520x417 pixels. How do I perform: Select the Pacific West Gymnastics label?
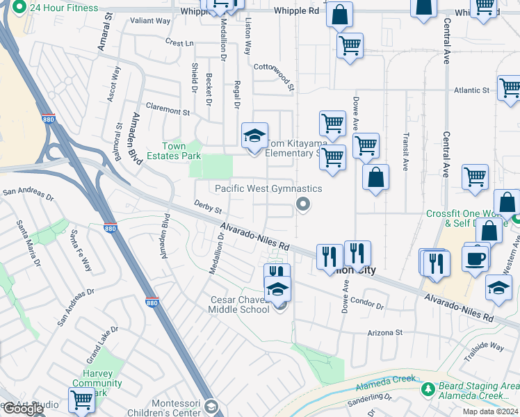(268, 188)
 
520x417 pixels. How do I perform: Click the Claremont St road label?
(166, 111)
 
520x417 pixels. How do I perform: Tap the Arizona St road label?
(389, 333)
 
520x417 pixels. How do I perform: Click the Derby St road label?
(207, 207)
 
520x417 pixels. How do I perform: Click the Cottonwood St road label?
(274, 76)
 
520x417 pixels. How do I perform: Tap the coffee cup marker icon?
(476, 259)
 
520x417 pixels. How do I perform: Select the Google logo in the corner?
(23, 409)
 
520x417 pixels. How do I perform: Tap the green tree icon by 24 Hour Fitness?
(19, 8)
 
